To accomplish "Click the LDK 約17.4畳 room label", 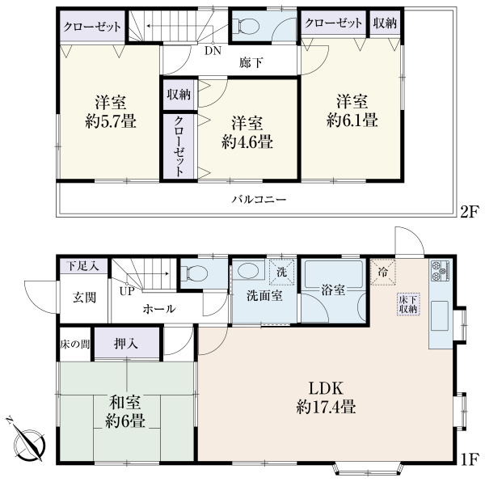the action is point(326,398).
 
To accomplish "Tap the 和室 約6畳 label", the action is point(125,412).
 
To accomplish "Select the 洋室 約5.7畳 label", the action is point(111,112).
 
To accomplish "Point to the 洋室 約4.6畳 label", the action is point(247,133).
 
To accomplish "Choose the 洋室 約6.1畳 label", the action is point(352,111).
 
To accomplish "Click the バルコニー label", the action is point(259,199).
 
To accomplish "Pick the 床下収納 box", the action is point(408,304).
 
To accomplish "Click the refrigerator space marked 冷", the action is point(383,272).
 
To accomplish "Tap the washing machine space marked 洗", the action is point(281,273).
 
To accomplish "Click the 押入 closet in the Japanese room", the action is point(126,343).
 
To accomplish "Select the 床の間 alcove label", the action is point(75,344).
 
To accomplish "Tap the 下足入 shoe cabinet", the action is point(83,266).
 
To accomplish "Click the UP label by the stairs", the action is point(127,291).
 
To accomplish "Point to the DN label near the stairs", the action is point(213,50).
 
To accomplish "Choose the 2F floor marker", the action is point(469,213).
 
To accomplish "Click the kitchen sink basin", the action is point(441,315).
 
